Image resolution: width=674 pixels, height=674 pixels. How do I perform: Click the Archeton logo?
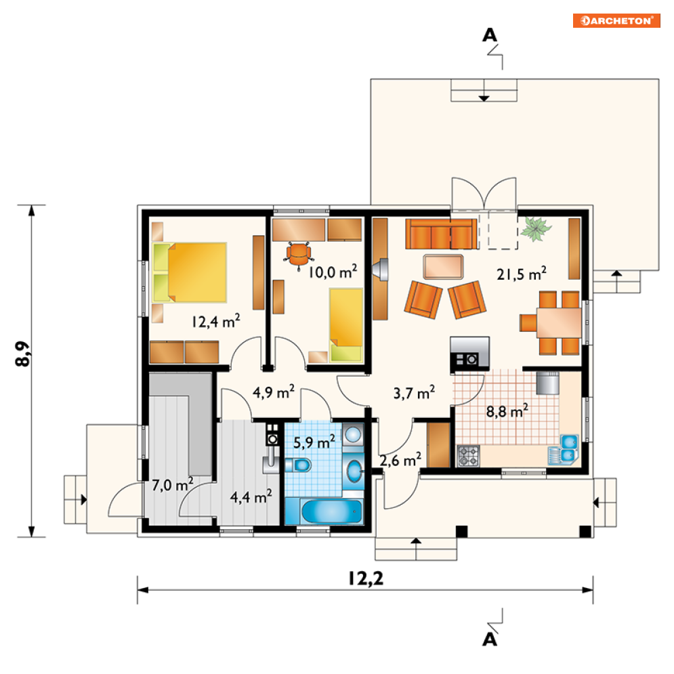(x=616, y=20)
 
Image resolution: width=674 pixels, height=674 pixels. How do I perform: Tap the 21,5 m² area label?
(x=522, y=274)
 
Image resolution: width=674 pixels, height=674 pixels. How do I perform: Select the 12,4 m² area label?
(x=216, y=321)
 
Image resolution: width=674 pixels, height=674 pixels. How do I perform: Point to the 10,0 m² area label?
(x=333, y=272)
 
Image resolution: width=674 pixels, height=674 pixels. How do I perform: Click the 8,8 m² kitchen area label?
(x=507, y=411)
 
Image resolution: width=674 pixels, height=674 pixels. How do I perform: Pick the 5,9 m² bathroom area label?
(x=314, y=442)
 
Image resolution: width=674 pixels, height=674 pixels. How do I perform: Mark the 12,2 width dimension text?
(x=366, y=578)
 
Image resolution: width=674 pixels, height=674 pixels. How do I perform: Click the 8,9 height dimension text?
(x=22, y=354)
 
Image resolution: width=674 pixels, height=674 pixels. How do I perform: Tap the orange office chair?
(x=298, y=255)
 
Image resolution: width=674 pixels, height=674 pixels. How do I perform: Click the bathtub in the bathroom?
(x=331, y=511)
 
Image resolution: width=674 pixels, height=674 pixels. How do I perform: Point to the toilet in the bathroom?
(x=298, y=465)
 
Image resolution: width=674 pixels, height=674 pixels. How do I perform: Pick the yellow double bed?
(x=190, y=272)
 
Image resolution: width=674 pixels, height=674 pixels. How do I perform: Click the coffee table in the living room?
(x=443, y=267)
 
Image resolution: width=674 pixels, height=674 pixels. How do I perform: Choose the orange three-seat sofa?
(x=442, y=234)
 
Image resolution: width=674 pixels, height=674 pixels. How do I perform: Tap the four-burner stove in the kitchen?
(x=469, y=456)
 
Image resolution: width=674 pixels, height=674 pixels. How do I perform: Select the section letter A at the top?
(x=490, y=35)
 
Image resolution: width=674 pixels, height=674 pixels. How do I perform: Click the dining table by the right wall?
(x=559, y=322)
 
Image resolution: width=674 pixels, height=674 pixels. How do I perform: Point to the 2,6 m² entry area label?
(x=400, y=461)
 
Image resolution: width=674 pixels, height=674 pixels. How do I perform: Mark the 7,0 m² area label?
(x=173, y=485)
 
